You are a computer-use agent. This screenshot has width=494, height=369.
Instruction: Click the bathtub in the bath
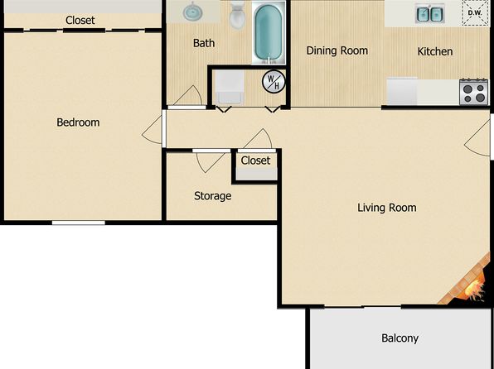pos(269,32)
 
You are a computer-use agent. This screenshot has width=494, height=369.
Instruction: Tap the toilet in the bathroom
pos(237,14)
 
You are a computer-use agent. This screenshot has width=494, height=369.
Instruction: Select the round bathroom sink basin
pos(192,12)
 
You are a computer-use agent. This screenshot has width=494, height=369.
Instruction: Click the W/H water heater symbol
pos(274,82)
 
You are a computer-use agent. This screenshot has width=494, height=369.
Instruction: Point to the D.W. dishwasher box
pos(475,13)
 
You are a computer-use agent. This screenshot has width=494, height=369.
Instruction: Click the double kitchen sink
pos(429,13)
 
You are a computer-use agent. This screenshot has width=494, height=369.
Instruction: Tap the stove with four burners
pos(473,92)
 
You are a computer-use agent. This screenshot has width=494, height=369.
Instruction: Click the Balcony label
pos(400,338)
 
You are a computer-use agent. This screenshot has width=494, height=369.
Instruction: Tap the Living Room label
pos(387,208)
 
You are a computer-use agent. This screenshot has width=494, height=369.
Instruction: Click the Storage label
pos(213,196)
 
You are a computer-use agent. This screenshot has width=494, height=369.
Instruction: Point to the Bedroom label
pos(78,122)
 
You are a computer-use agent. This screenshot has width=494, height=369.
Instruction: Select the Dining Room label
pos(337,50)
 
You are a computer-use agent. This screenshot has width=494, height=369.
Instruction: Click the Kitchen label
pos(435,51)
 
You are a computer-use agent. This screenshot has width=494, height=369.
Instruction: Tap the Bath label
pos(204,43)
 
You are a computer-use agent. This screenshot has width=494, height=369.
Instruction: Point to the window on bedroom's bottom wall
pos(79,223)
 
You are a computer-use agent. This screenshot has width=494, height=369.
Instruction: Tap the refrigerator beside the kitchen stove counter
pos(402,92)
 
